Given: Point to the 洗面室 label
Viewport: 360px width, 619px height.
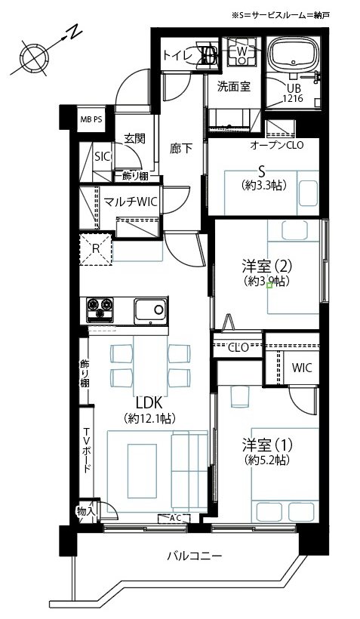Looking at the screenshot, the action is [234, 87].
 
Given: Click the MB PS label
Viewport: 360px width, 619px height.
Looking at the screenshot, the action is [91, 119].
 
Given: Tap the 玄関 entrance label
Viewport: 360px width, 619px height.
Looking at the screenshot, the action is [135, 139].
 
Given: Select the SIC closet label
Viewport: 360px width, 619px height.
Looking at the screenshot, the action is [102, 156].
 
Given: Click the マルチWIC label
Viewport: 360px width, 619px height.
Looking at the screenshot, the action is [131, 202].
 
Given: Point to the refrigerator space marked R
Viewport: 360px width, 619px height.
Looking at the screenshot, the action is [96, 249].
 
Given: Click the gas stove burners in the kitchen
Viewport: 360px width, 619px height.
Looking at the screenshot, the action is [100, 309].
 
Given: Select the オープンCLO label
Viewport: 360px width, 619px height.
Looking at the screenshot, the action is [277, 145].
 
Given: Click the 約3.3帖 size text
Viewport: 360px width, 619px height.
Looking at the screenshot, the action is [263, 185].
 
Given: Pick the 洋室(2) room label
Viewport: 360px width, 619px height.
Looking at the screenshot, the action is [267, 267].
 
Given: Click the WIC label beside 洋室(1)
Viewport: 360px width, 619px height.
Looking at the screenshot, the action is [302, 368].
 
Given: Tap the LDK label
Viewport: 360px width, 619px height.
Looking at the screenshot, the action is [149, 402].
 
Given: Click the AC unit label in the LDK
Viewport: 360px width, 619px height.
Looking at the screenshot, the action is [174, 519].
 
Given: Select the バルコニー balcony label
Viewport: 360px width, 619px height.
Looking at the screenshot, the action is [194, 556].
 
